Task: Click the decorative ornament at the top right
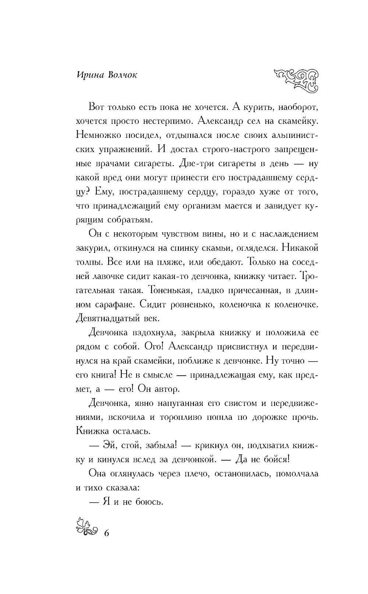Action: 297,80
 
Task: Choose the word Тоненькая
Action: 169,290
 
